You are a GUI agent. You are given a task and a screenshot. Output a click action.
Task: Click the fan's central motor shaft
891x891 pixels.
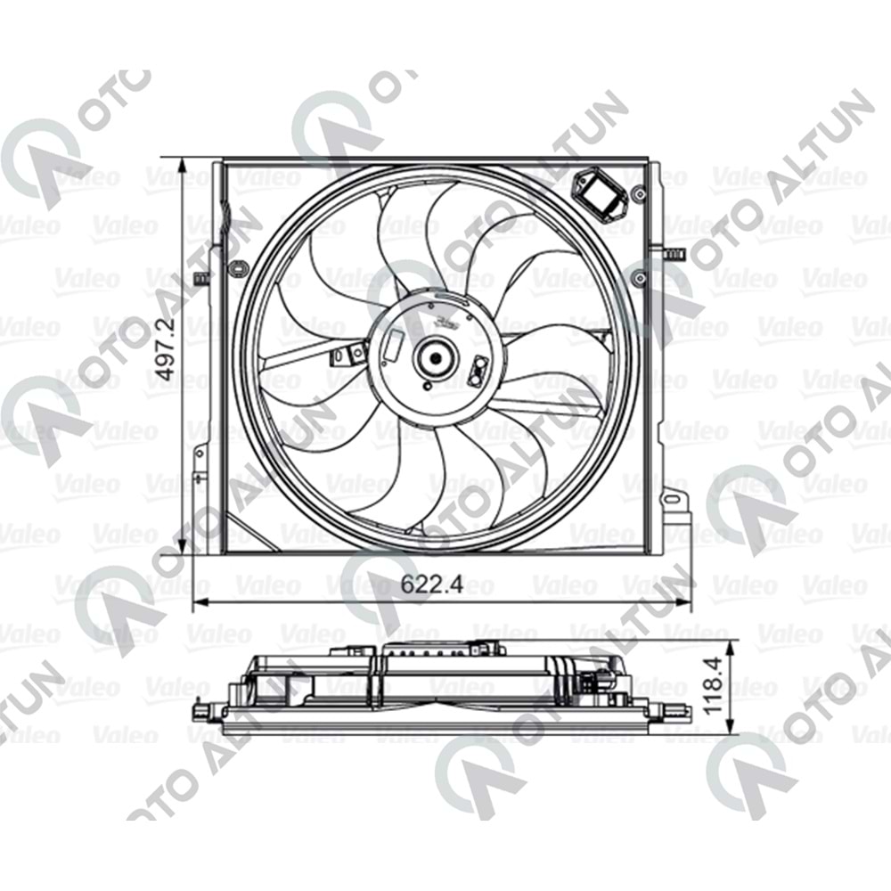pyautogui.click(x=436, y=358)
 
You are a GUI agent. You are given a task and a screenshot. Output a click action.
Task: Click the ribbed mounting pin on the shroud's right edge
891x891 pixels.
pyautogui.click(x=676, y=255)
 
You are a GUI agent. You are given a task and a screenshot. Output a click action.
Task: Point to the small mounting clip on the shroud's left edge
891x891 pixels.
pyautogui.click(x=202, y=278)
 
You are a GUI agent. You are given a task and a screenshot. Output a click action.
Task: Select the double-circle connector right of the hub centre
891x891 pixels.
pyautogui.click(x=478, y=367)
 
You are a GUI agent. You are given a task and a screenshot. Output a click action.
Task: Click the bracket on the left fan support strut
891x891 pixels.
pyautogui.click(x=341, y=357)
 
